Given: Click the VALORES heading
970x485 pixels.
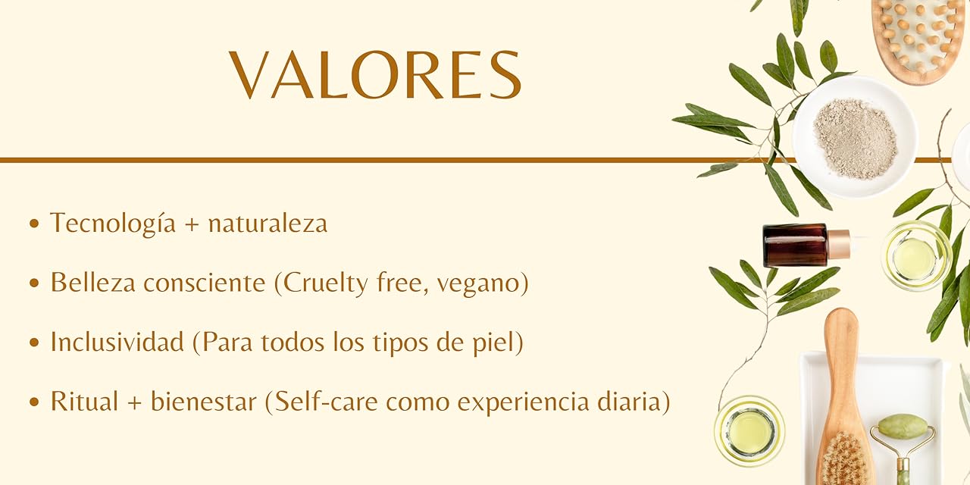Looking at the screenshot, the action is point(375,75).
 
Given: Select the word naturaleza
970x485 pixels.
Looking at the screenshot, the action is point(268,224).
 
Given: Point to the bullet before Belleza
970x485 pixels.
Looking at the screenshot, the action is point(34,283).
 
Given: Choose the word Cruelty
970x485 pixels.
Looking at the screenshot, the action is point(326,283).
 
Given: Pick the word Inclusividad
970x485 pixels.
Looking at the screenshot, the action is point(117,342).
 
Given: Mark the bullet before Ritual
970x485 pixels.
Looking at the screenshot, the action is point(34,402).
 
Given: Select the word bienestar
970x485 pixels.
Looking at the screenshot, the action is point(204,401).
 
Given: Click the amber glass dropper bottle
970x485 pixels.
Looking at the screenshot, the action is point(806,245).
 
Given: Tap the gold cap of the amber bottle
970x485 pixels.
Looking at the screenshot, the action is point(839,245).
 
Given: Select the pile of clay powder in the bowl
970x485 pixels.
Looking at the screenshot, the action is point(856,139).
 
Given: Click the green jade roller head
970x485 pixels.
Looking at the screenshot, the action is point(903,426).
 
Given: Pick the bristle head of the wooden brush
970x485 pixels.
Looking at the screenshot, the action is point(844,459).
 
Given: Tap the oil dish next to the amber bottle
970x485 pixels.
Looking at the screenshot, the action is point(915,257).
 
